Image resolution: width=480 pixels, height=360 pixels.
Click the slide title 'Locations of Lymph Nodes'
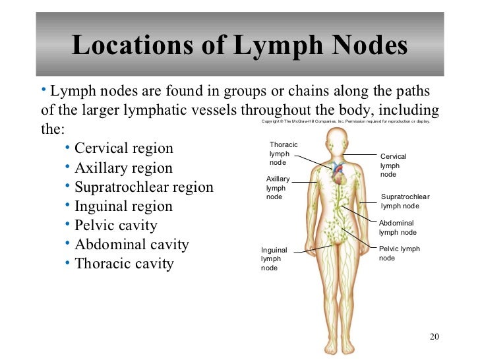239,45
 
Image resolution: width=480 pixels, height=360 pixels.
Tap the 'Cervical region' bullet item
123,148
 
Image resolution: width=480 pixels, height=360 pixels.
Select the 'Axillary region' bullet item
123,167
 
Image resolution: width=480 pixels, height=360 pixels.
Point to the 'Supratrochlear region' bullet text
144,187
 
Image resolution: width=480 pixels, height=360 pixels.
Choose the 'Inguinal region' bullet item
123,206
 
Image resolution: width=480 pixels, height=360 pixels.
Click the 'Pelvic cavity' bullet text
115,225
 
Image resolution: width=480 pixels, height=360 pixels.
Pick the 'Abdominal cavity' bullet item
131,245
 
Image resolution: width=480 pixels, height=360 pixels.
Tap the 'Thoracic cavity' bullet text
124,264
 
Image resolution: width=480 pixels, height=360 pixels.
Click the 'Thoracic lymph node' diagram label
284,153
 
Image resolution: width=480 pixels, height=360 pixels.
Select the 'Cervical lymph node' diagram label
394,165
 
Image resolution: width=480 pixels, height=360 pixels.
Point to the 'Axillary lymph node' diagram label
278,187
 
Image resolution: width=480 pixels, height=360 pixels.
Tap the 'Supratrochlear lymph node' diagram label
405,202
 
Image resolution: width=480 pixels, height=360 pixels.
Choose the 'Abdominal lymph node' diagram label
398,227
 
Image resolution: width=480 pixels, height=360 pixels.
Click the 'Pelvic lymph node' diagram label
399,253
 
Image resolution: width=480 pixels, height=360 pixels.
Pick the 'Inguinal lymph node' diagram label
274,258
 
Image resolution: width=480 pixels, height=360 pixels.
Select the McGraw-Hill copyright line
345,122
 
